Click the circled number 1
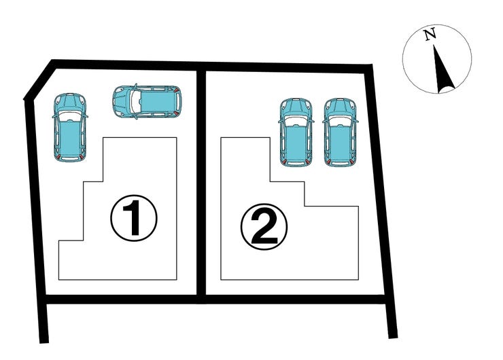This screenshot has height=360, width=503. [134, 218]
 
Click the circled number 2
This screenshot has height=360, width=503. [264, 227]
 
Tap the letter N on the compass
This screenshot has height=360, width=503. [430, 34]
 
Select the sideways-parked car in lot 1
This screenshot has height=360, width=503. [148, 101]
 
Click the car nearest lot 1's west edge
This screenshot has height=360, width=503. [70, 127]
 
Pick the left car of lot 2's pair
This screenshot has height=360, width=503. [296, 132]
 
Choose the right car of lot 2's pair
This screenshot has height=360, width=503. [340, 132]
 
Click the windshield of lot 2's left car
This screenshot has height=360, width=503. [296, 121]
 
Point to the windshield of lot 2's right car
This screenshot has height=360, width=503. [340, 121]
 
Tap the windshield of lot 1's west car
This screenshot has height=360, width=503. [70, 116]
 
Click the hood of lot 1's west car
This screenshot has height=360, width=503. [70, 103]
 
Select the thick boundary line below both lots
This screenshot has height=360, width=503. [215, 300]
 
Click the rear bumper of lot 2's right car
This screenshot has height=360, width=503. [340, 164]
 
